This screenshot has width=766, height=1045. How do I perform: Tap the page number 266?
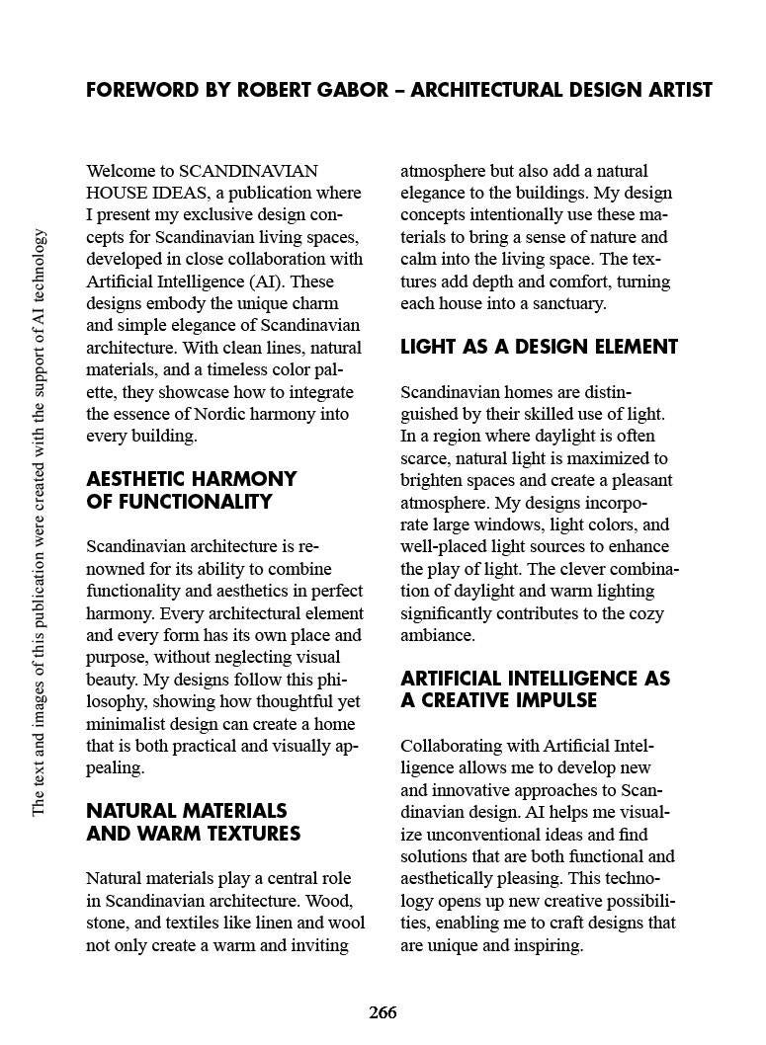(x=383, y=1012)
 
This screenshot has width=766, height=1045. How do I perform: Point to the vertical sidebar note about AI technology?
(x=39, y=522)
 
